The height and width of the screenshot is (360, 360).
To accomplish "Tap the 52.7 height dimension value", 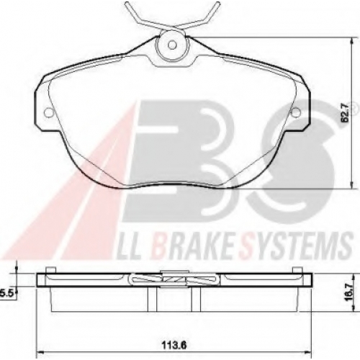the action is pos(345,117).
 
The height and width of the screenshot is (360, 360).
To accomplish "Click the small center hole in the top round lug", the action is pos(171,45).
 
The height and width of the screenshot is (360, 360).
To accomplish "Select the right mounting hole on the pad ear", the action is pos(296,112).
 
